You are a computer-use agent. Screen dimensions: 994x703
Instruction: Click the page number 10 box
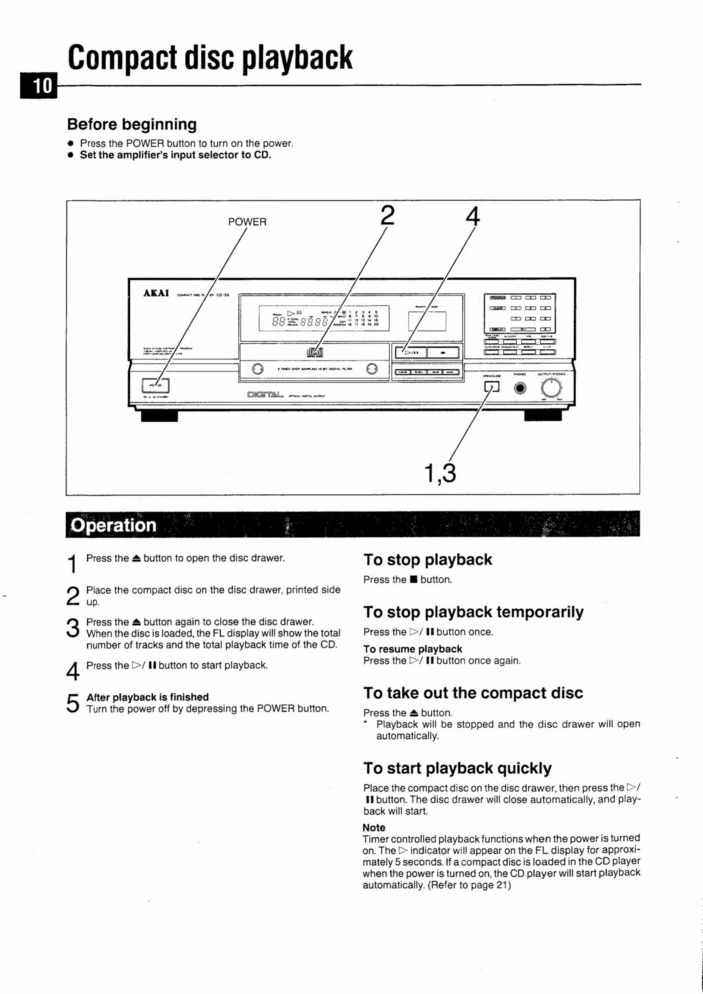pos(39,86)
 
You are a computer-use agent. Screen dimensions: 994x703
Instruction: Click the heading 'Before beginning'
pos(131,124)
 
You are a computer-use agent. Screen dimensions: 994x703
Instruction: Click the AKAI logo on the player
pos(156,293)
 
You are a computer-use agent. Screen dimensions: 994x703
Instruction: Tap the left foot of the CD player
pos(159,415)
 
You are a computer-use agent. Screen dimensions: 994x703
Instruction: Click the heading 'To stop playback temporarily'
pos(473,612)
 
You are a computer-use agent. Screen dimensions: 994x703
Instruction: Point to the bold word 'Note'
pos(374,827)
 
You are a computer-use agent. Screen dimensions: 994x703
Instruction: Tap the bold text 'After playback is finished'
pos(147,697)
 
